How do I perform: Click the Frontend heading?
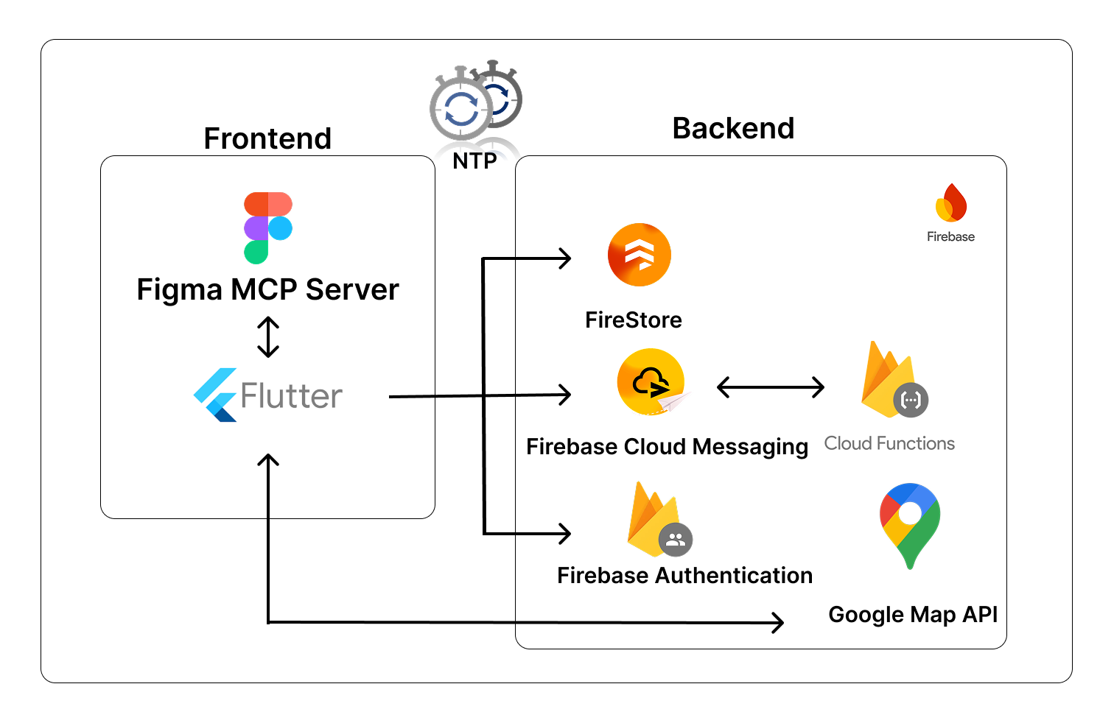click(267, 138)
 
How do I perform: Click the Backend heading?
click(733, 128)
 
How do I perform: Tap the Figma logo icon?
click(268, 228)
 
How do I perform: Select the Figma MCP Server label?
click(267, 289)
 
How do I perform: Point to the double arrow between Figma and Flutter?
click(268, 337)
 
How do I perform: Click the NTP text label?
click(474, 161)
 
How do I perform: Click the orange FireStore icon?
click(639, 255)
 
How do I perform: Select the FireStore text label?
click(634, 320)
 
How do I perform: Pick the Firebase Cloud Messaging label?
click(667, 446)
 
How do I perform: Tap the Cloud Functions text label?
click(889, 443)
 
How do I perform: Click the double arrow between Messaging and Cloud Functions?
click(770, 387)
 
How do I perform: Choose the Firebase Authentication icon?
click(658, 521)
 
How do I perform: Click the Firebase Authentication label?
click(684, 575)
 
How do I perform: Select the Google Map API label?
click(913, 614)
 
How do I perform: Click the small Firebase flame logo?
click(950, 203)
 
